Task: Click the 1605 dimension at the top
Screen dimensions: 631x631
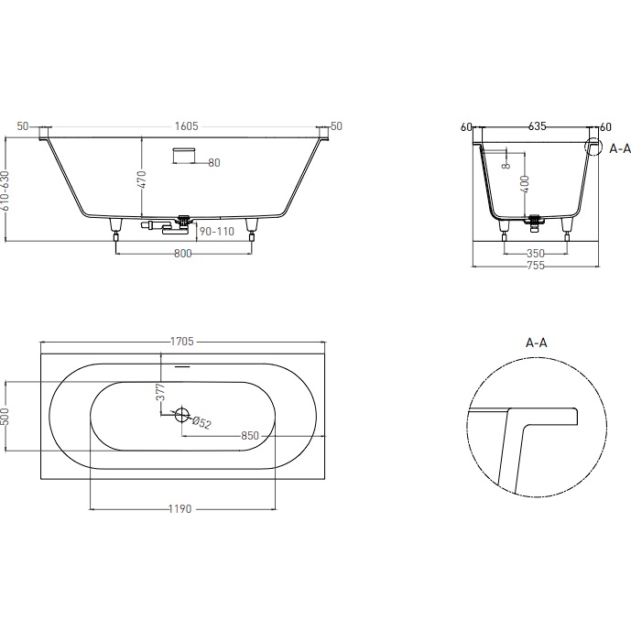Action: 186,126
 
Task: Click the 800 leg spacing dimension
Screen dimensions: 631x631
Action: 182,254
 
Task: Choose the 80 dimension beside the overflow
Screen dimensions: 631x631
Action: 213,163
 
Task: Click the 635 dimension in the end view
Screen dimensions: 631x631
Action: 537,127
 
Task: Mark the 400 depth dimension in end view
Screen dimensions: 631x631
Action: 525,185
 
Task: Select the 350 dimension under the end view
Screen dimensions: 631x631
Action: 535,254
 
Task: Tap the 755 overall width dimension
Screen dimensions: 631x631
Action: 535,267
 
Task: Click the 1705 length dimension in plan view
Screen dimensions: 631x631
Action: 181,342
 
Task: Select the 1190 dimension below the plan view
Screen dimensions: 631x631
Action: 180,508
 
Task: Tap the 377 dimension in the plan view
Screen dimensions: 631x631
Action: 160,393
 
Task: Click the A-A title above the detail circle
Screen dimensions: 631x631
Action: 537,343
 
